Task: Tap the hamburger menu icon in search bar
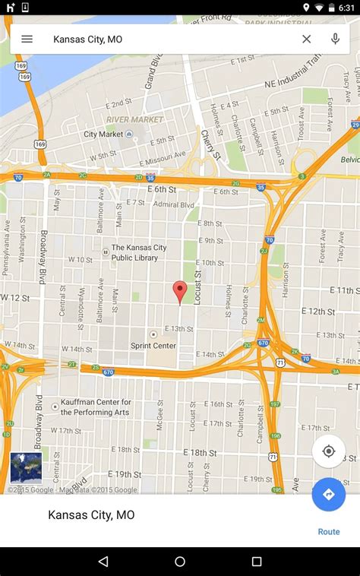27,39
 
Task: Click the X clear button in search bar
307,39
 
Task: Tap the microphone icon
335,39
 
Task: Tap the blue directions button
329,494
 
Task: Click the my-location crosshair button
329,451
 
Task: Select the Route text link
329,532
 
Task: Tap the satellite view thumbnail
26,468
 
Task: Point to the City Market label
103,135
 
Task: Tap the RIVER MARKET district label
134,119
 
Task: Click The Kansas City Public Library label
139,252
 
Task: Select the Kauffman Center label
96,407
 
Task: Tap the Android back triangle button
103,562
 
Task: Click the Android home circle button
180,562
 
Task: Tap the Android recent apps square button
257,562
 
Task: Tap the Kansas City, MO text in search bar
87,39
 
